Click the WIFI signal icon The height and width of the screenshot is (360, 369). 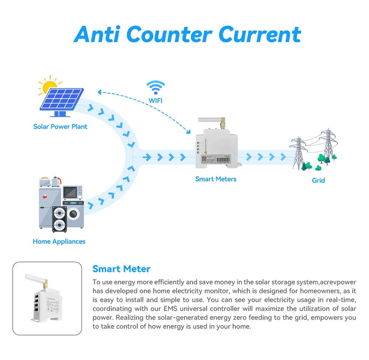155,87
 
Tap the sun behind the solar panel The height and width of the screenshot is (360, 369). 48,86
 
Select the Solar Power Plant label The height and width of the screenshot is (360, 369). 60,127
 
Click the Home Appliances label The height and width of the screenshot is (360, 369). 59,241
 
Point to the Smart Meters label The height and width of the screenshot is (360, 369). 216,179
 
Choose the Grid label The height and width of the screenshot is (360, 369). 318,181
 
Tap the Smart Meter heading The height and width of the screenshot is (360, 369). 121,269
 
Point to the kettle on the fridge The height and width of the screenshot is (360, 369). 56,182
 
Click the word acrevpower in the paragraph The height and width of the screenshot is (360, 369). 338,282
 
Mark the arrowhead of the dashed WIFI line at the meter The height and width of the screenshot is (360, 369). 189,132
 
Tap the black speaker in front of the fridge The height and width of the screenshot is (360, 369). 59,219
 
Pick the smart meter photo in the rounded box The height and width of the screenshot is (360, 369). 47,298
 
